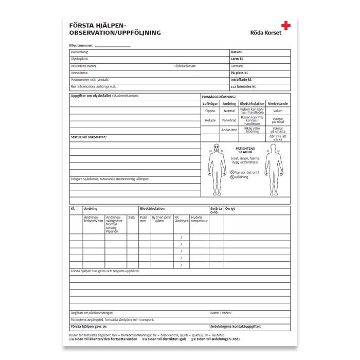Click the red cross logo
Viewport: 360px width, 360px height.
point(285,25)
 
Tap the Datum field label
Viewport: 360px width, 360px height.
point(237,52)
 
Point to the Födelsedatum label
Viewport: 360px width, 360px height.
point(185,66)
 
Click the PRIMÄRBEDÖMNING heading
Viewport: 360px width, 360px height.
point(219,97)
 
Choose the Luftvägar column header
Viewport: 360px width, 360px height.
point(210,104)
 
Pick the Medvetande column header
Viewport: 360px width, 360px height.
point(278,104)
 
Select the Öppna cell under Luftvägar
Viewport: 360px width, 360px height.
point(210,111)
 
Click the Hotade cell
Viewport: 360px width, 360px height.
point(210,120)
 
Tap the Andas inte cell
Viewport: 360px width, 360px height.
point(229,130)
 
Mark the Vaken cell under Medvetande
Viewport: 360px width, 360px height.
point(278,111)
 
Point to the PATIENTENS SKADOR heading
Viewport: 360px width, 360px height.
point(245,151)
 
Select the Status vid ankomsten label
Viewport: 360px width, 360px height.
point(88,137)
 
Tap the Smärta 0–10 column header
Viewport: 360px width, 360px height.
point(216,210)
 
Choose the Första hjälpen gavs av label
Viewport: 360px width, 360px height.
point(89,327)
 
